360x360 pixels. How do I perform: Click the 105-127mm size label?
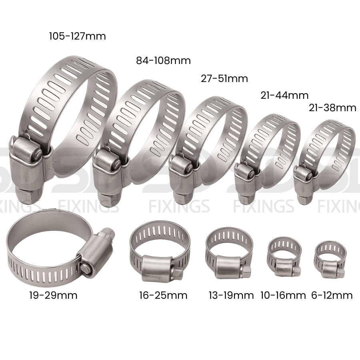tap(77, 36)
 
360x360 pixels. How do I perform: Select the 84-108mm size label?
tap(163, 61)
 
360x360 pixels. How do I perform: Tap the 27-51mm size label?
tap(224, 78)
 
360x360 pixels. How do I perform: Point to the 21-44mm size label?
tap(284, 95)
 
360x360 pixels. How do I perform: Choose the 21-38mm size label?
tap(332, 108)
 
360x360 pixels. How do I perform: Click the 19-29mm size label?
tap(53, 295)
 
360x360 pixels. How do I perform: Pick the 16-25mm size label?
tap(163, 295)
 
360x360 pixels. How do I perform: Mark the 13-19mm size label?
tap(231, 295)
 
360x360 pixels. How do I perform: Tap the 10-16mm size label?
tap(283, 295)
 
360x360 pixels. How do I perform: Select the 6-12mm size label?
tap(332, 295)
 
